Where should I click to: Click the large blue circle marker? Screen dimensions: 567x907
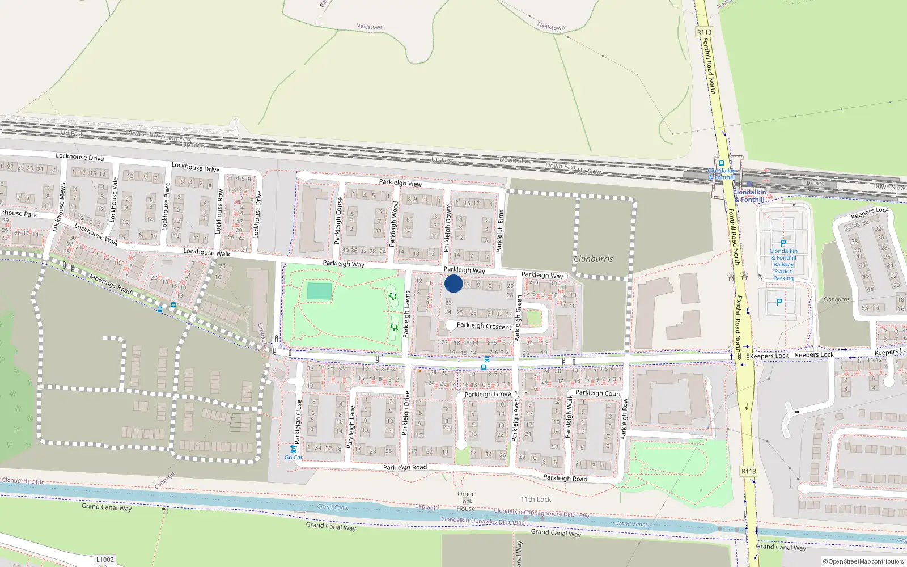pos(453,283)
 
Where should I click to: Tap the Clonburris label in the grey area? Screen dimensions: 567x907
pos(593,259)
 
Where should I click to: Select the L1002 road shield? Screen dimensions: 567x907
pos(105,560)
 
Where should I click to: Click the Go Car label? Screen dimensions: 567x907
pos(294,457)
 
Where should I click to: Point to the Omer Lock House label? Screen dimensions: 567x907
pos(465,501)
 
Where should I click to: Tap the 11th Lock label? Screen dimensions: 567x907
pos(536,500)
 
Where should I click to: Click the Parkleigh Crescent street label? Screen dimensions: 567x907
pos(484,326)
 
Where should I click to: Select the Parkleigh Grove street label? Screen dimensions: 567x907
pos(488,394)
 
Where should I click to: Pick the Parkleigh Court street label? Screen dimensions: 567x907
pos(598,393)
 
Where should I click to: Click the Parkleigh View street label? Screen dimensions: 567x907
pos(400,183)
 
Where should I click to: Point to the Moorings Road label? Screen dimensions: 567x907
pos(111,283)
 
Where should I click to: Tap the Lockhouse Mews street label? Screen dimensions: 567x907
pos(59,207)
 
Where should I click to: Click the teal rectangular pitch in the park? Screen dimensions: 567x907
pos(319,291)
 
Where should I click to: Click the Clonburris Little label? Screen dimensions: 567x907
pos(23,481)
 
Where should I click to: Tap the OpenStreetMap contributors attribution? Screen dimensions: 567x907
pos(863,562)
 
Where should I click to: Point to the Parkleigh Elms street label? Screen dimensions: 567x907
pos(500,231)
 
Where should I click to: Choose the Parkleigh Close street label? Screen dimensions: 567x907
pos(298,422)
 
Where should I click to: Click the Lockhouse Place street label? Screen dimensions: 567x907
pos(166,206)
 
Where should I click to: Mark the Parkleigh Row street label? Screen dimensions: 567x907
pos(624,419)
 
